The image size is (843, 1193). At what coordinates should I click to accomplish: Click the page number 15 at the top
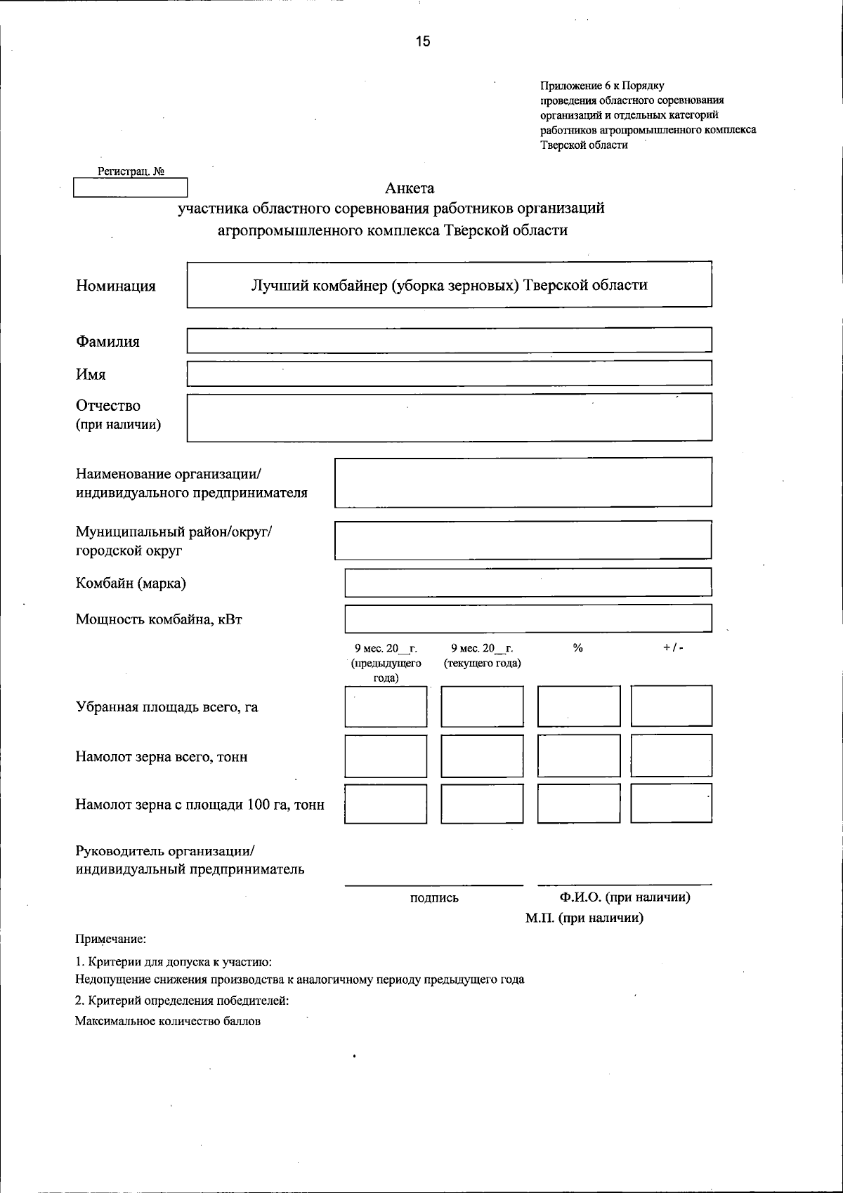422,42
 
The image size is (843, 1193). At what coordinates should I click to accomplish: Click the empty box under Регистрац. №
130,188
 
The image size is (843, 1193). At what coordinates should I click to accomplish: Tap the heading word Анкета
410,188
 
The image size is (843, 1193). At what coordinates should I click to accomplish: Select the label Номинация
116,286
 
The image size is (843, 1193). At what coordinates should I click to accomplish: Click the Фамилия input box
449,341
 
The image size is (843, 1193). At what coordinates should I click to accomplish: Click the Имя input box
449,373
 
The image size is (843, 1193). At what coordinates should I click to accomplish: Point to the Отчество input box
449,417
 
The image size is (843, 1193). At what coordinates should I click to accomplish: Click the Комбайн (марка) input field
528,583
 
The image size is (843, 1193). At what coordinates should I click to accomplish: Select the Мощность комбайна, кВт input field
528,619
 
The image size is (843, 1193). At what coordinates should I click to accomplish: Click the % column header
578,648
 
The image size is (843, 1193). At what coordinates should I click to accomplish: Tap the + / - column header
672,648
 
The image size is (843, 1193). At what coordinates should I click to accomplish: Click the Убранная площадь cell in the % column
579,706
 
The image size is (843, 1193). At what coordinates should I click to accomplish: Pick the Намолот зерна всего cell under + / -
672,756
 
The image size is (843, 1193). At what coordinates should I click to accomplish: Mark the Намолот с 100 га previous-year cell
386,804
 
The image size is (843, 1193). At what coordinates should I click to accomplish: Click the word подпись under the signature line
434,898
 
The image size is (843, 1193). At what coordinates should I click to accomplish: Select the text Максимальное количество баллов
168,1022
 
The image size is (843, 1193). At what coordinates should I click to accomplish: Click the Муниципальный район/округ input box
523,540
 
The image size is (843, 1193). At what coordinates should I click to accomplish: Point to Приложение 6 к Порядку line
602,86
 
